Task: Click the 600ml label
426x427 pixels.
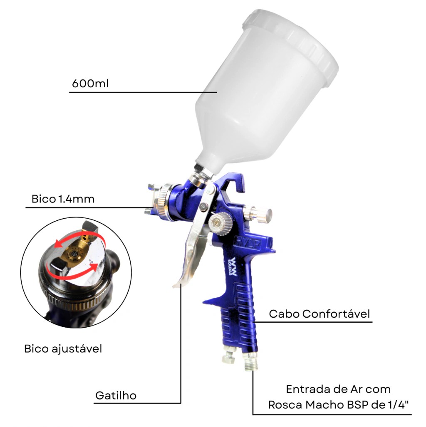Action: (90, 83)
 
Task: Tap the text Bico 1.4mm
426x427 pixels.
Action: (63, 199)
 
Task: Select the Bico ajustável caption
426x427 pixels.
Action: (63, 349)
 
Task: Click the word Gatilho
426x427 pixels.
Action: (116, 395)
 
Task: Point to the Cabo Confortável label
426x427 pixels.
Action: (319, 314)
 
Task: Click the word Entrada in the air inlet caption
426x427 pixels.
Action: (306, 389)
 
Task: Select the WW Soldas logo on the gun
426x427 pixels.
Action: (233, 267)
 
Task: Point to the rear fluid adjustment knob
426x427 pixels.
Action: (258, 214)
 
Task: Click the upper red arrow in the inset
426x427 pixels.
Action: (79, 237)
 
